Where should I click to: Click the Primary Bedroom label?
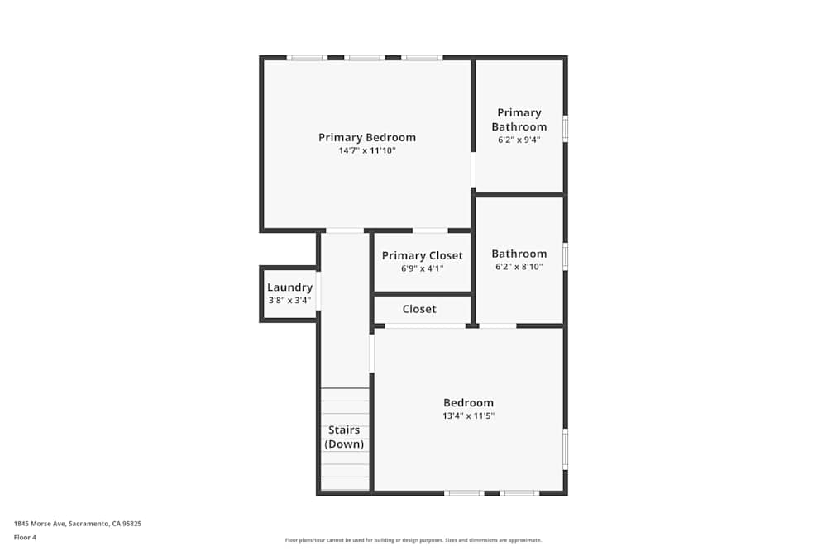[367, 137]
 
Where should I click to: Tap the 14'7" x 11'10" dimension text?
[367, 150]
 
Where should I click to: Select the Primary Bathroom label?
[519, 120]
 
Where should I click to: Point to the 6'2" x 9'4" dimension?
[519, 140]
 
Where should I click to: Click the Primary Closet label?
[422, 255]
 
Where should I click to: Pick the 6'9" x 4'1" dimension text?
[422, 268]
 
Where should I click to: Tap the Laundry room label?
[289, 287]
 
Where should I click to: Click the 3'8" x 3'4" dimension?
[289, 300]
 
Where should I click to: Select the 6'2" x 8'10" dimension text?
[519, 267]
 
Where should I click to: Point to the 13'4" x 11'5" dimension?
[468, 416]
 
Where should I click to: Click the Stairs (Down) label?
[344, 437]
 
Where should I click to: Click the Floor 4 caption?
[25, 537]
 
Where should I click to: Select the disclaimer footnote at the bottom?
[413, 540]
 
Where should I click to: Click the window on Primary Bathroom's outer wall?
[566, 129]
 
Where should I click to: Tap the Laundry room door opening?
[318, 291]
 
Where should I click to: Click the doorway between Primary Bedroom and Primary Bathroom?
[473, 169]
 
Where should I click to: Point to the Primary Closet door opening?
[430, 230]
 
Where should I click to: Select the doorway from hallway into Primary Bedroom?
[345, 230]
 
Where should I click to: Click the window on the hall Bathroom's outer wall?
[566, 257]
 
